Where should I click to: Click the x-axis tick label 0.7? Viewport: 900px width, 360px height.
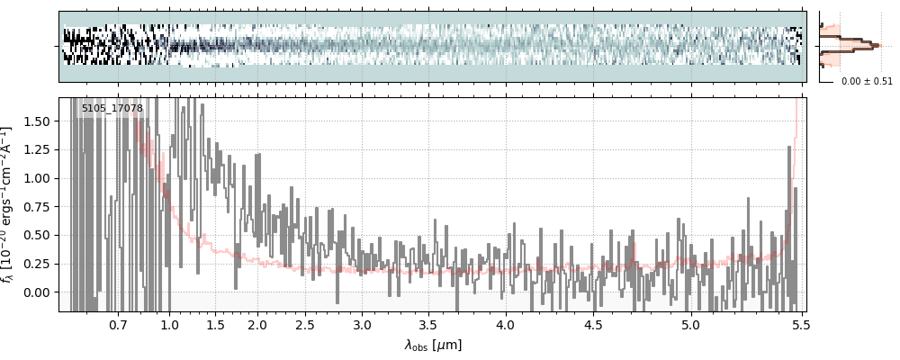point(118,324)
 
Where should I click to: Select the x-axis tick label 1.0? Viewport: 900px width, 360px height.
point(170,324)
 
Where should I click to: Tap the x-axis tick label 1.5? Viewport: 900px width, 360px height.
point(216,324)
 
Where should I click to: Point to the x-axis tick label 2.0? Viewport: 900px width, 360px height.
point(257,324)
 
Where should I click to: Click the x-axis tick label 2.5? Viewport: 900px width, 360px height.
point(305,324)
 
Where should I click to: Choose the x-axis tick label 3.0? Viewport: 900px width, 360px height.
point(362,324)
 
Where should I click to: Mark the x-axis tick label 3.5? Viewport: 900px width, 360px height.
point(430,324)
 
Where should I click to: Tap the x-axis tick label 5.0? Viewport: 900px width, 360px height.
point(690,324)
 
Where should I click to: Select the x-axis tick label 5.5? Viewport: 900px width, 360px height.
point(798,324)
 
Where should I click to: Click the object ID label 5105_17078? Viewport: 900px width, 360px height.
point(112,109)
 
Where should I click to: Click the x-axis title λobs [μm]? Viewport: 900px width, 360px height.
point(433,345)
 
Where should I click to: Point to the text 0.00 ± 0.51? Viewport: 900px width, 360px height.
point(867,82)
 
